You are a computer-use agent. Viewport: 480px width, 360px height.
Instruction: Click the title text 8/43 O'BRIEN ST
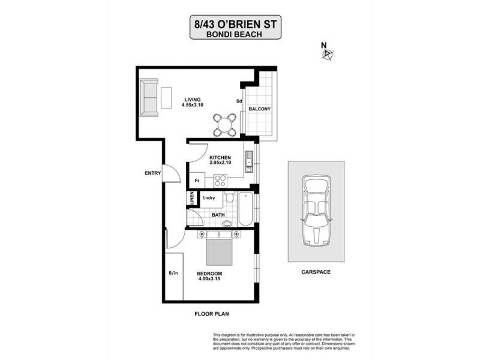[x=236, y=25]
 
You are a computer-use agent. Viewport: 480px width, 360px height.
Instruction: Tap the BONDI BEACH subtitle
[x=236, y=35]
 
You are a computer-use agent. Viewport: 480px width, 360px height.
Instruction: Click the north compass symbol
[x=327, y=54]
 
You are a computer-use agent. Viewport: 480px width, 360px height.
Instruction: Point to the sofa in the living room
[x=149, y=97]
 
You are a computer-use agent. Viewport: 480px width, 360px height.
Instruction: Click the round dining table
[x=224, y=125]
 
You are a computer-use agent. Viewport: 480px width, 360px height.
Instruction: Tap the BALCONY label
[x=260, y=109]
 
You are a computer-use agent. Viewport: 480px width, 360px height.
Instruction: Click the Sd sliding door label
[x=239, y=101]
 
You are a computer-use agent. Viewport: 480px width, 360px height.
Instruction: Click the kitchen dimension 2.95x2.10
[x=220, y=162]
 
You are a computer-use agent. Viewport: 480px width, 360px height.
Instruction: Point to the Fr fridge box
[x=197, y=180]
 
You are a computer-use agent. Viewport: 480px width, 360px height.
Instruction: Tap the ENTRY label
[x=152, y=173]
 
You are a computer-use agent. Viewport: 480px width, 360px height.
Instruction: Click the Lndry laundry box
[x=209, y=197]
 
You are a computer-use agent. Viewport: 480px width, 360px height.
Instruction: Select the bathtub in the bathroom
[x=245, y=209]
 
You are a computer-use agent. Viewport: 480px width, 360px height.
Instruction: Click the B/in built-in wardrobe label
[x=173, y=274]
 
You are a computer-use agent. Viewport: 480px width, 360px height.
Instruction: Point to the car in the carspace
[x=316, y=210]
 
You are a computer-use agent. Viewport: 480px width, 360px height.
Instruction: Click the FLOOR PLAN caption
[x=212, y=313]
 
